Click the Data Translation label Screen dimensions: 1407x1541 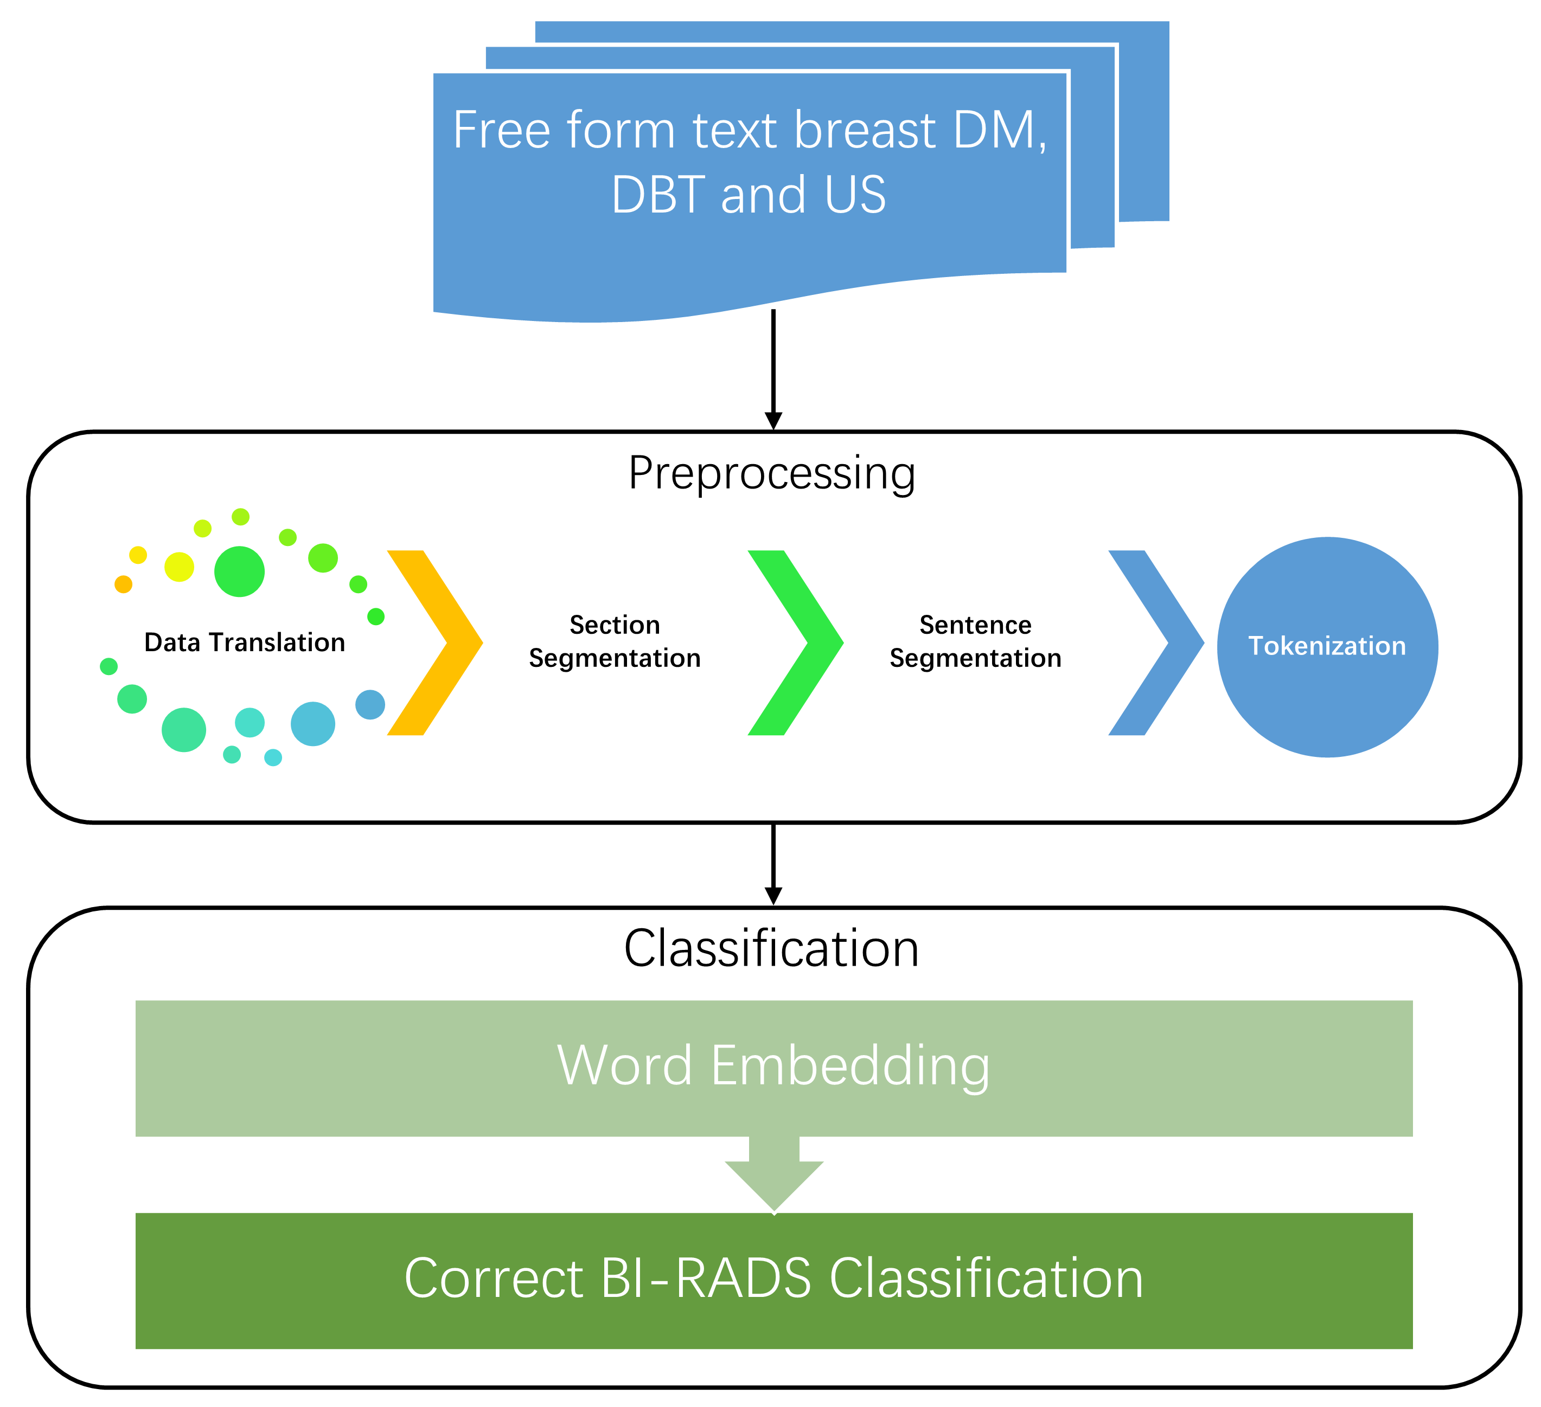click(x=245, y=643)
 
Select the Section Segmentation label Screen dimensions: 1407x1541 click(x=615, y=642)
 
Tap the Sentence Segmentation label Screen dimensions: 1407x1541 click(x=975, y=642)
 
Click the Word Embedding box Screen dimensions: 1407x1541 click(x=773, y=1068)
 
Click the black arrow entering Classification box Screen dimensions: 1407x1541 click(x=773, y=864)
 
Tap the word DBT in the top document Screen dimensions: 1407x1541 click(x=657, y=195)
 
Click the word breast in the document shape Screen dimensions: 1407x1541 click(x=864, y=130)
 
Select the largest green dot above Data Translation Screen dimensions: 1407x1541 click(x=239, y=571)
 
